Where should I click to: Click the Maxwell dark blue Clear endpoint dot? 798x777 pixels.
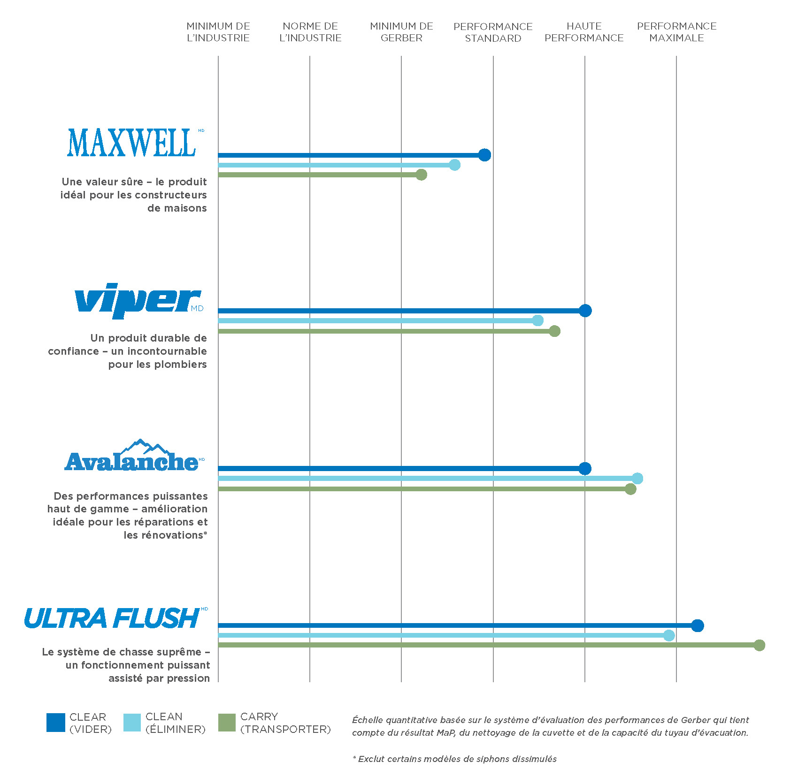485,155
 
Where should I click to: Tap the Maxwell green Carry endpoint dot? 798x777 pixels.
422,175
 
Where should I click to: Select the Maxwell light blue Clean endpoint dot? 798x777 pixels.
454,165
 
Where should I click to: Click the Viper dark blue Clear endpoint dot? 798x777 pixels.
585,311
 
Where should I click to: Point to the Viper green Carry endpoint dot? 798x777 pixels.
554,331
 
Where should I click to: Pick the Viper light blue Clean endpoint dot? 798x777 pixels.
537,320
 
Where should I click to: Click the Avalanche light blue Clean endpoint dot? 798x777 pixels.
637,479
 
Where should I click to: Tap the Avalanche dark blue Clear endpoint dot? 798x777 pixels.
585,468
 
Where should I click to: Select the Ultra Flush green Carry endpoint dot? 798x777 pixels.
759,645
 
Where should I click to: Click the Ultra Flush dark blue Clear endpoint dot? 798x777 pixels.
698,625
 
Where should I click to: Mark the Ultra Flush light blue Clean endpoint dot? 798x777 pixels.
669,635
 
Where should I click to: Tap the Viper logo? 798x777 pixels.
139,300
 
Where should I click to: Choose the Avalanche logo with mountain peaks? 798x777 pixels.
134,456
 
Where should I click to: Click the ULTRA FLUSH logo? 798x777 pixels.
115,618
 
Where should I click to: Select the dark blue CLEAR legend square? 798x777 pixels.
56,723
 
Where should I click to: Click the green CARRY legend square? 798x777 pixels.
227,723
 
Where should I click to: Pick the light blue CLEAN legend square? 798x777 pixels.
132,723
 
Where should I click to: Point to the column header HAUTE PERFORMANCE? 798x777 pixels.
584,32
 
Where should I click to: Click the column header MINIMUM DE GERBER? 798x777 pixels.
401,32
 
